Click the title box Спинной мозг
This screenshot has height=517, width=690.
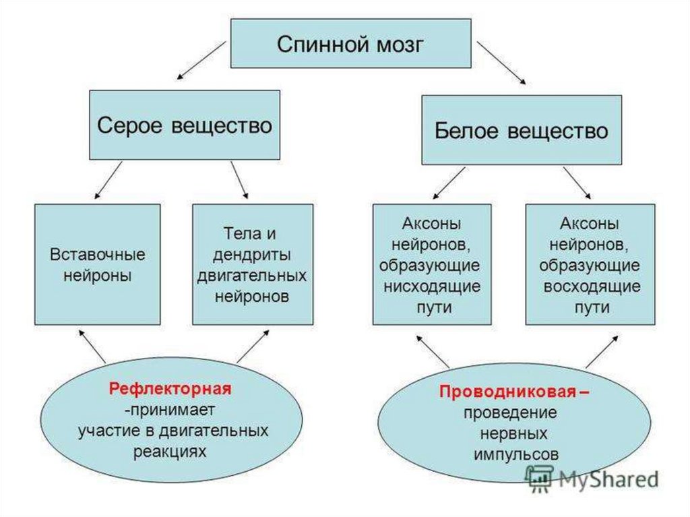350,43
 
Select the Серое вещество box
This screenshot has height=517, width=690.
185,125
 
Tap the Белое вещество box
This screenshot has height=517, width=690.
522,130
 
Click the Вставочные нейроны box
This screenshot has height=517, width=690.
97,264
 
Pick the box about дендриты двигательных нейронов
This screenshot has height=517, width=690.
253,264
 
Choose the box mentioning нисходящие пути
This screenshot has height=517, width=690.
432,264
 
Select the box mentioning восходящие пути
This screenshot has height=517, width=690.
590,264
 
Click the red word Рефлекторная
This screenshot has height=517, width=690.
170,389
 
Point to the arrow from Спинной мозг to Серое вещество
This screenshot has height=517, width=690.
201,61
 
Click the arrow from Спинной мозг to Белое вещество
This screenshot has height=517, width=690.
501,63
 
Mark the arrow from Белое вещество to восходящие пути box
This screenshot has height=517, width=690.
577,183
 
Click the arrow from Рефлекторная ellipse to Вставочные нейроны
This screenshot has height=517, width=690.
92,346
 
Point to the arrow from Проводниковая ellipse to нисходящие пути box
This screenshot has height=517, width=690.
432,351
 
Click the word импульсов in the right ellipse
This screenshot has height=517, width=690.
515,454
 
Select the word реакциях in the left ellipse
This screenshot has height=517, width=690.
170,452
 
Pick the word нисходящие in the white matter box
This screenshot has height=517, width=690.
432,286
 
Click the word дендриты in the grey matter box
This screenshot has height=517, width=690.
252,255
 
